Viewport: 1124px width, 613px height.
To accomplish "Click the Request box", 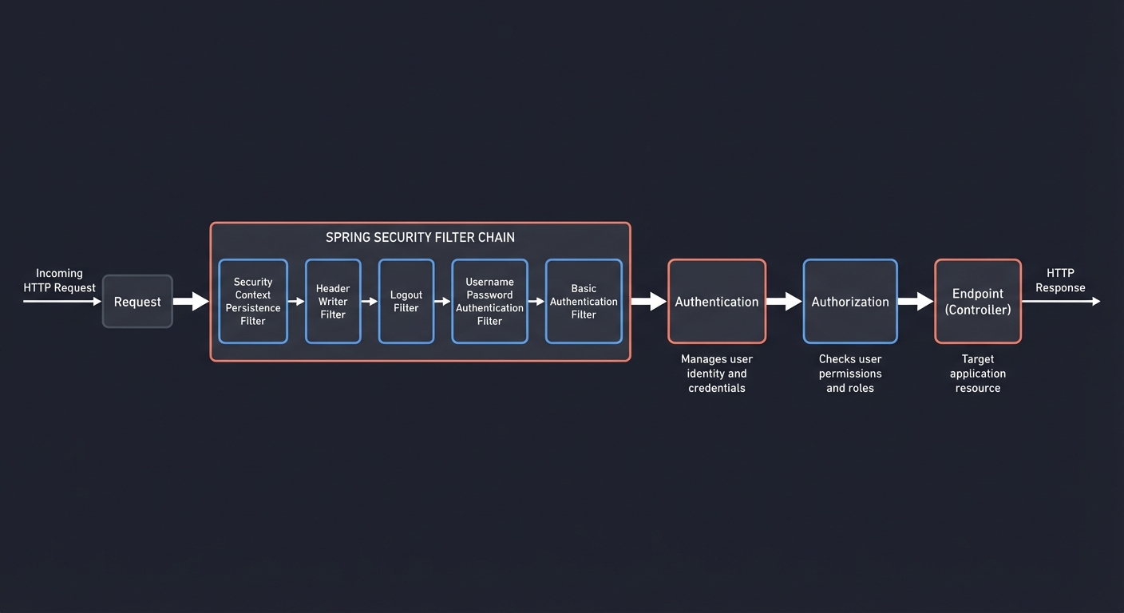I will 137,302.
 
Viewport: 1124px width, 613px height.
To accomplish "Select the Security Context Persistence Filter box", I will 253,302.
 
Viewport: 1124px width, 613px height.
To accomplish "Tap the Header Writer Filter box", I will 333,302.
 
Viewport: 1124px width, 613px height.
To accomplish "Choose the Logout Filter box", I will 406,302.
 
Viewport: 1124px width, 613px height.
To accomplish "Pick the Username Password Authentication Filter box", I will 489,302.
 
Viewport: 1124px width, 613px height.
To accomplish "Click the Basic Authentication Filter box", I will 584,302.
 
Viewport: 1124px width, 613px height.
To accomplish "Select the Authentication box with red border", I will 717,302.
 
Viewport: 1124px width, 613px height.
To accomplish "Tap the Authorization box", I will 850,302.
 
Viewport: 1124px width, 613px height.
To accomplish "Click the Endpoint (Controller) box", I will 978,302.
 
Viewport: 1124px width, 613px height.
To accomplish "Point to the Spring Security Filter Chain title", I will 420,238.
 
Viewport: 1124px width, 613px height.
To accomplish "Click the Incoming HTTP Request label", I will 59,280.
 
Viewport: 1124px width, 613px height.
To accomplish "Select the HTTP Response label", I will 1060,280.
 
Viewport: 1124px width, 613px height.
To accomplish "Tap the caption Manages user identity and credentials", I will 717,374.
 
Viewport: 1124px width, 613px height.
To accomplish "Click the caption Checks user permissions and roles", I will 850,374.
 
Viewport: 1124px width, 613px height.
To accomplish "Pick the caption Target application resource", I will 978,374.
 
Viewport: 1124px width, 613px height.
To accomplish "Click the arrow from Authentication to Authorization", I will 784,302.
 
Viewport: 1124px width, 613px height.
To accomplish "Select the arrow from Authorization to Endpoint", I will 916,302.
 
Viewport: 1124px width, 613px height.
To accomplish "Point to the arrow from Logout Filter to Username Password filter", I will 442,302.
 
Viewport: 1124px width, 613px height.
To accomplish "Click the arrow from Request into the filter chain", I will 191,302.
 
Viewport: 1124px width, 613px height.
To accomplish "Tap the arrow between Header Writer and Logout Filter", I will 369,302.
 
